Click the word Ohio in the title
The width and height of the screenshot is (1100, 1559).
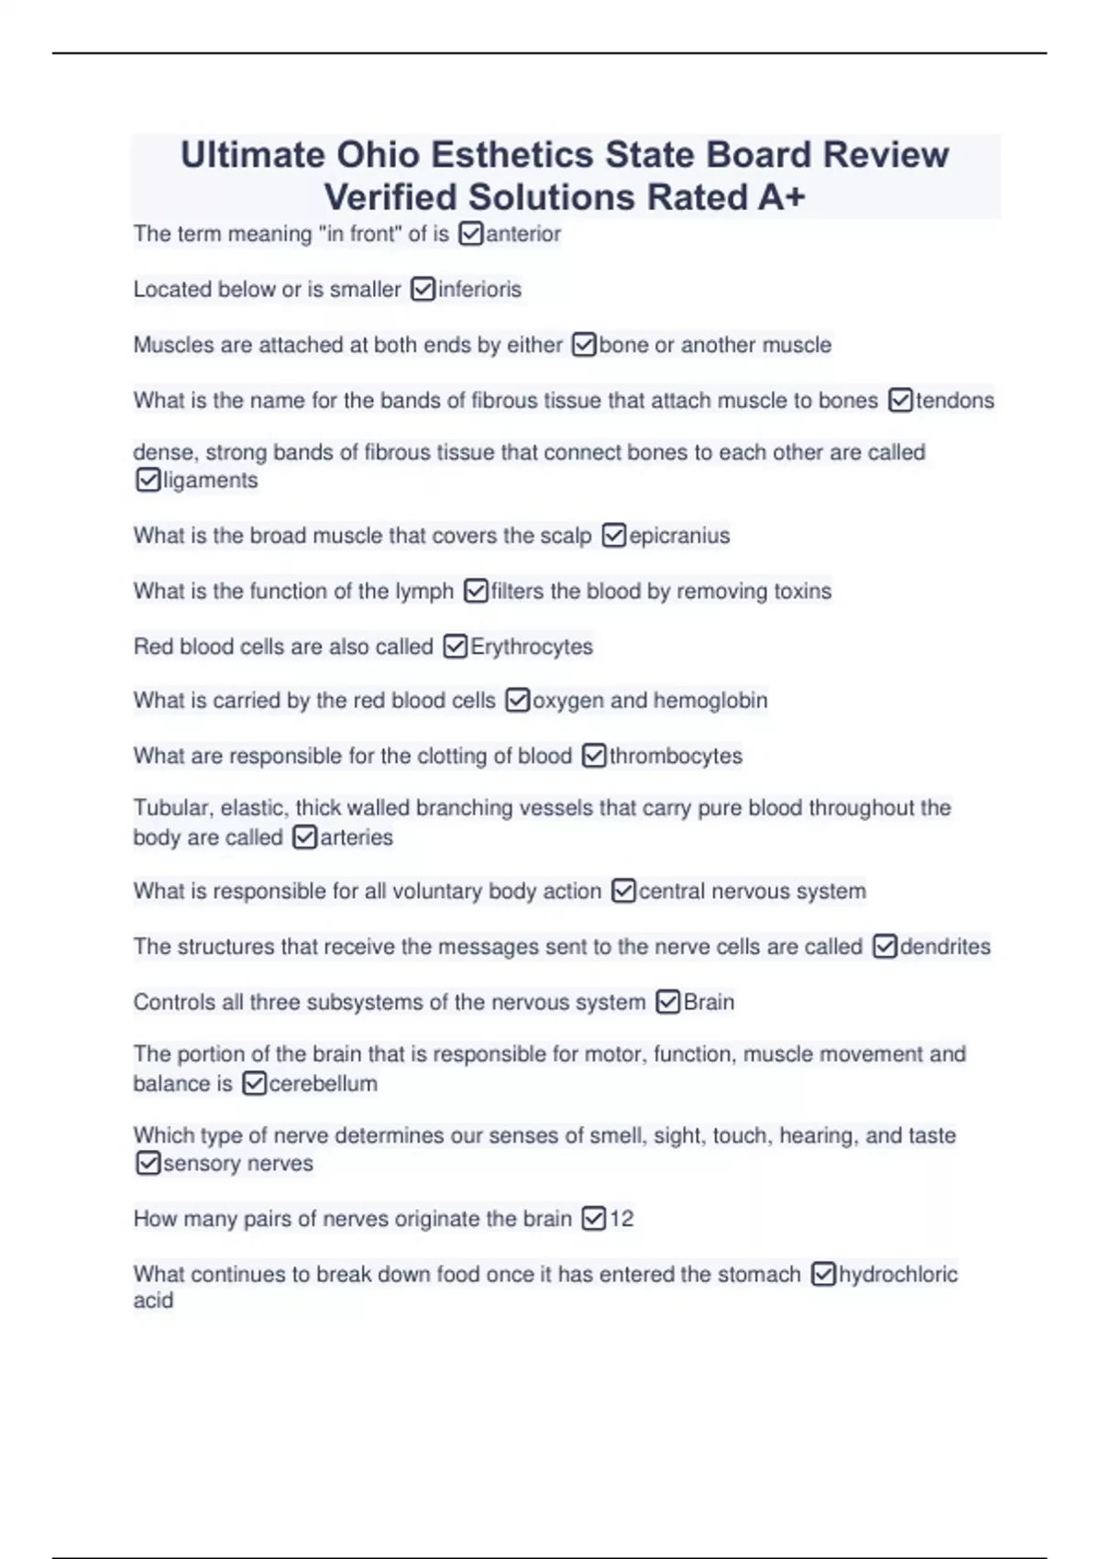(x=379, y=155)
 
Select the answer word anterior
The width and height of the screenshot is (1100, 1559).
(x=523, y=235)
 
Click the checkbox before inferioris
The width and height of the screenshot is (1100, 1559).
(x=423, y=290)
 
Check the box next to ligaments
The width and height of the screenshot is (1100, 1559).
(x=148, y=480)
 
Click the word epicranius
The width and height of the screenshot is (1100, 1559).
(x=679, y=536)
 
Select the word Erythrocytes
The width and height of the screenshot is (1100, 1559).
(x=532, y=647)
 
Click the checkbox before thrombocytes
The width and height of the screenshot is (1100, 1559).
(x=594, y=757)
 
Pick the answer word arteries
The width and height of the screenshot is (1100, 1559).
(x=357, y=837)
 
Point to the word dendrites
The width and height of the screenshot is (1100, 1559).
(x=945, y=946)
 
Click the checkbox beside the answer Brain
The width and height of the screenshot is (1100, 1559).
(x=668, y=1002)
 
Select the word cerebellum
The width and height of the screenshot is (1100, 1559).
(x=324, y=1084)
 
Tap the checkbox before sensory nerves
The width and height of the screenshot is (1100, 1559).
(x=148, y=1164)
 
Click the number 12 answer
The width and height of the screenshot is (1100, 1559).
(x=621, y=1219)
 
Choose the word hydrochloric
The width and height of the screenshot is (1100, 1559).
(x=898, y=1275)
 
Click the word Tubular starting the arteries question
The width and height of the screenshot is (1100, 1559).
(x=172, y=808)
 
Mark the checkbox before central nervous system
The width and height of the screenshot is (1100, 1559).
(x=623, y=891)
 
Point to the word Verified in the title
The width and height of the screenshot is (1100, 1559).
(x=390, y=197)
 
